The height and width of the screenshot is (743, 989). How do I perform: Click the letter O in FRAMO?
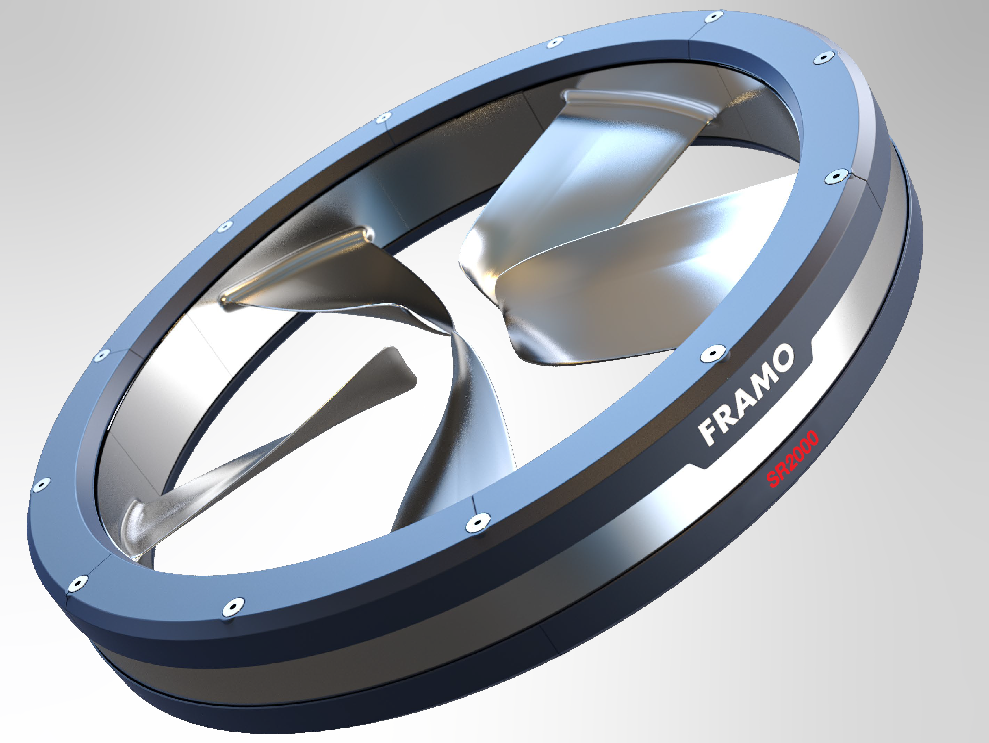[x=785, y=358]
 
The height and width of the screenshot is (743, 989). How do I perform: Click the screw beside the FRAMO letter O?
[x=713, y=355]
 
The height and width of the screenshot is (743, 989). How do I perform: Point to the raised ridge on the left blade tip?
[x=295, y=264]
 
